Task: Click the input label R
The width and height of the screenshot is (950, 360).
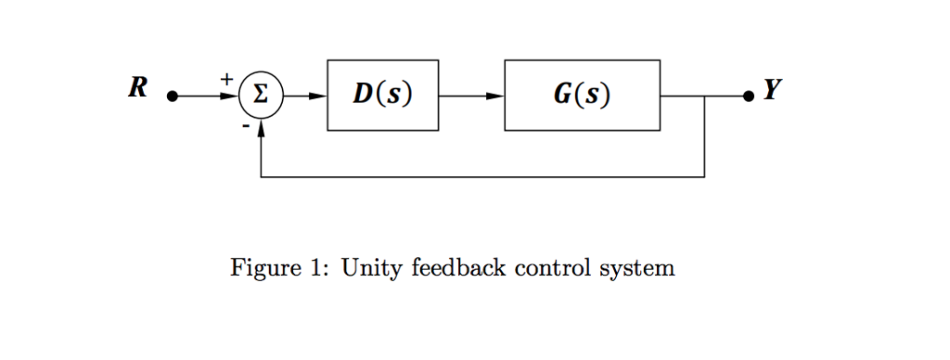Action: (x=138, y=90)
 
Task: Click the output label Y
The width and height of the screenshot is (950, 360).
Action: (x=772, y=90)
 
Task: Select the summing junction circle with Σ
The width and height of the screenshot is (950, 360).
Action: (x=261, y=96)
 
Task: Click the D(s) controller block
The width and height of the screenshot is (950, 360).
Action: (x=382, y=96)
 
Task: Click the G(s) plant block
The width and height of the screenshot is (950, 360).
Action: (x=582, y=96)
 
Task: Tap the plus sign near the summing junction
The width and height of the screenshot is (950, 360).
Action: (x=225, y=81)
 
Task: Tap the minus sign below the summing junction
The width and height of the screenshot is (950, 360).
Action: (x=245, y=124)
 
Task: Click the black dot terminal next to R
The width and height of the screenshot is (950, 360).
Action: (x=171, y=96)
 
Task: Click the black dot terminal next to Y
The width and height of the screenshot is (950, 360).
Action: (x=748, y=96)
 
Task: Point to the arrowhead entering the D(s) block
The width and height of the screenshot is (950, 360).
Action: (x=318, y=96)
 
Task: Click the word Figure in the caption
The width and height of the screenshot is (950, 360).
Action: (x=257, y=270)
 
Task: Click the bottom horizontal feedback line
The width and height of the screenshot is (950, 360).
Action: (x=482, y=176)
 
